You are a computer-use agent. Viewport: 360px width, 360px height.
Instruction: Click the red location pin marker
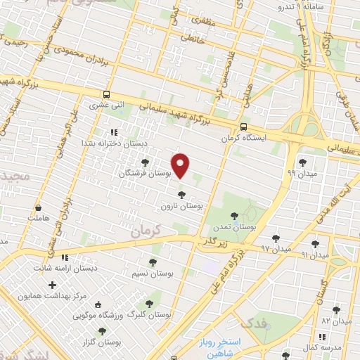tap(181, 166)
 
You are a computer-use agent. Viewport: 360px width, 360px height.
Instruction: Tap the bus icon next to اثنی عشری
tap(106, 94)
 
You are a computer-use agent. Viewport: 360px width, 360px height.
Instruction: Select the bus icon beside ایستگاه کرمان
tap(243, 127)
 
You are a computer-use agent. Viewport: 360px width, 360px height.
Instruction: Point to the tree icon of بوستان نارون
tap(182, 195)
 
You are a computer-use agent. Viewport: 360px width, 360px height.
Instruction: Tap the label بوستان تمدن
tap(233, 227)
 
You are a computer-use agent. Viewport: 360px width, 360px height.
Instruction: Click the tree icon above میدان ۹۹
tap(303, 162)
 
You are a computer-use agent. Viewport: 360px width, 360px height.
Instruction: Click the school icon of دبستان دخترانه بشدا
tap(112, 132)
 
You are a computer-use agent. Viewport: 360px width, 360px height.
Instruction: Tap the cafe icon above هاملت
tap(37, 209)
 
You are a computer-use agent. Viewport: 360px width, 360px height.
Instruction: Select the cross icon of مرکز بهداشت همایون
tap(52, 285)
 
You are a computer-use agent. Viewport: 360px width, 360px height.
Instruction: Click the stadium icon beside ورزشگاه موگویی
tap(98, 305)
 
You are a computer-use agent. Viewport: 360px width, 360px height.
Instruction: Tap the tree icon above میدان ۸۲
tap(335, 309)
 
